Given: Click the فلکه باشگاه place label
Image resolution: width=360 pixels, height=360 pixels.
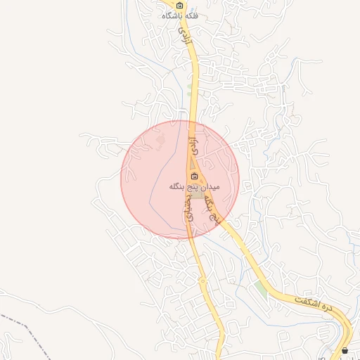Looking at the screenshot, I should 180,15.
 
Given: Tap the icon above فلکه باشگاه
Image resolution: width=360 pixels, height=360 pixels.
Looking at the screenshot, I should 180,5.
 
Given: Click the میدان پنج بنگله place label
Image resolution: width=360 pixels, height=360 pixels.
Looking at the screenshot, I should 195,187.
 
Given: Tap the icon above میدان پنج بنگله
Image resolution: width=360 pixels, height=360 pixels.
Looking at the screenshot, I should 195,176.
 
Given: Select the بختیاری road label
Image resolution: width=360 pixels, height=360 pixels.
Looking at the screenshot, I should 188,209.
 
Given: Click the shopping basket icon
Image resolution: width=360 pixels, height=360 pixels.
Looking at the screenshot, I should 345,350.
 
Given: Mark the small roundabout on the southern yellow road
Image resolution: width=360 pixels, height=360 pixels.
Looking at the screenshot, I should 202,281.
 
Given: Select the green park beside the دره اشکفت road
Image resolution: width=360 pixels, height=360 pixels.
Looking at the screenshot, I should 262,288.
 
